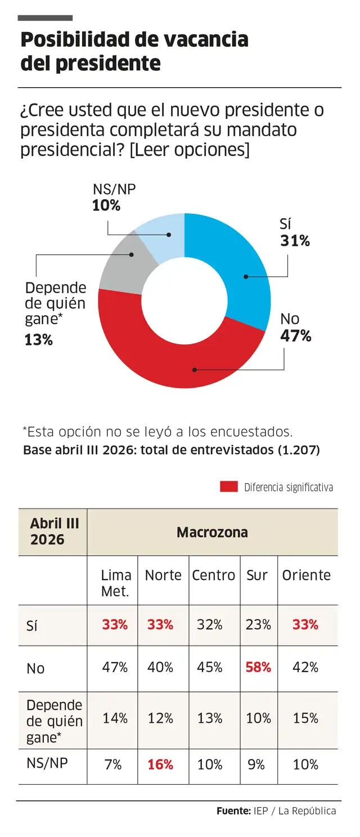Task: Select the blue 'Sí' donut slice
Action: coord(236,264)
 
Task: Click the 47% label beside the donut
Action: coord(295,336)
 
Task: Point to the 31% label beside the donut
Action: coord(295,241)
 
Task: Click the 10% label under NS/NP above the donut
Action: coord(106,205)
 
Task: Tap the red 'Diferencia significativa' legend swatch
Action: coord(229,487)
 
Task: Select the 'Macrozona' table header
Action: coord(212,532)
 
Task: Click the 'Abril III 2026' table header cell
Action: coord(54,532)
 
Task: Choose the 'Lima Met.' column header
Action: coord(115,583)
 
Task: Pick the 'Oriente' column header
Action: coord(306,575)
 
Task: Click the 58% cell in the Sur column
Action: coord(258,667)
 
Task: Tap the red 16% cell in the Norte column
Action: coord(160,764)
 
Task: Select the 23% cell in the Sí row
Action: coord(258,624)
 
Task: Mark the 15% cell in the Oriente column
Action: coord(305,718)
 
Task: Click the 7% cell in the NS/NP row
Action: coord(115,764)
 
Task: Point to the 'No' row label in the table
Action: coord(35,668)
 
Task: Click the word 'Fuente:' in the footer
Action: coord(233,811)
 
